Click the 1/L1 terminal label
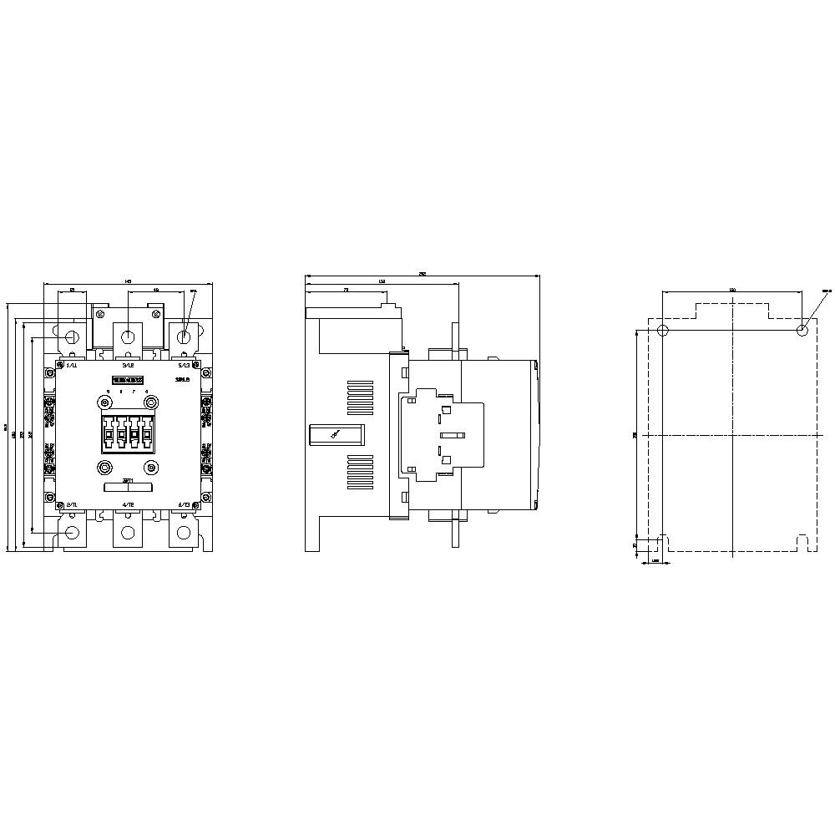click(72, 366)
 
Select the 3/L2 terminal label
click(128, 366)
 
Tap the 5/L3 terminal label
click(184, 366)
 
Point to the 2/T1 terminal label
click(72, 505)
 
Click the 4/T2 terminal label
click(128, 505)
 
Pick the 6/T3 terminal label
click(185, 505)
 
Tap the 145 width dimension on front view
click(128, 281)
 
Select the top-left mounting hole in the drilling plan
click(663, 329)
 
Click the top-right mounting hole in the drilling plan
click(802, 329)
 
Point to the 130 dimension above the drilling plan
click(732, 289)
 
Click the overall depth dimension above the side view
click(423, 272)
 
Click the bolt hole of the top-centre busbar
click(128, 337)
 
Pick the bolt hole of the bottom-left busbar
click(72, 533)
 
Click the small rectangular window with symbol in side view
click(335, 434)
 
